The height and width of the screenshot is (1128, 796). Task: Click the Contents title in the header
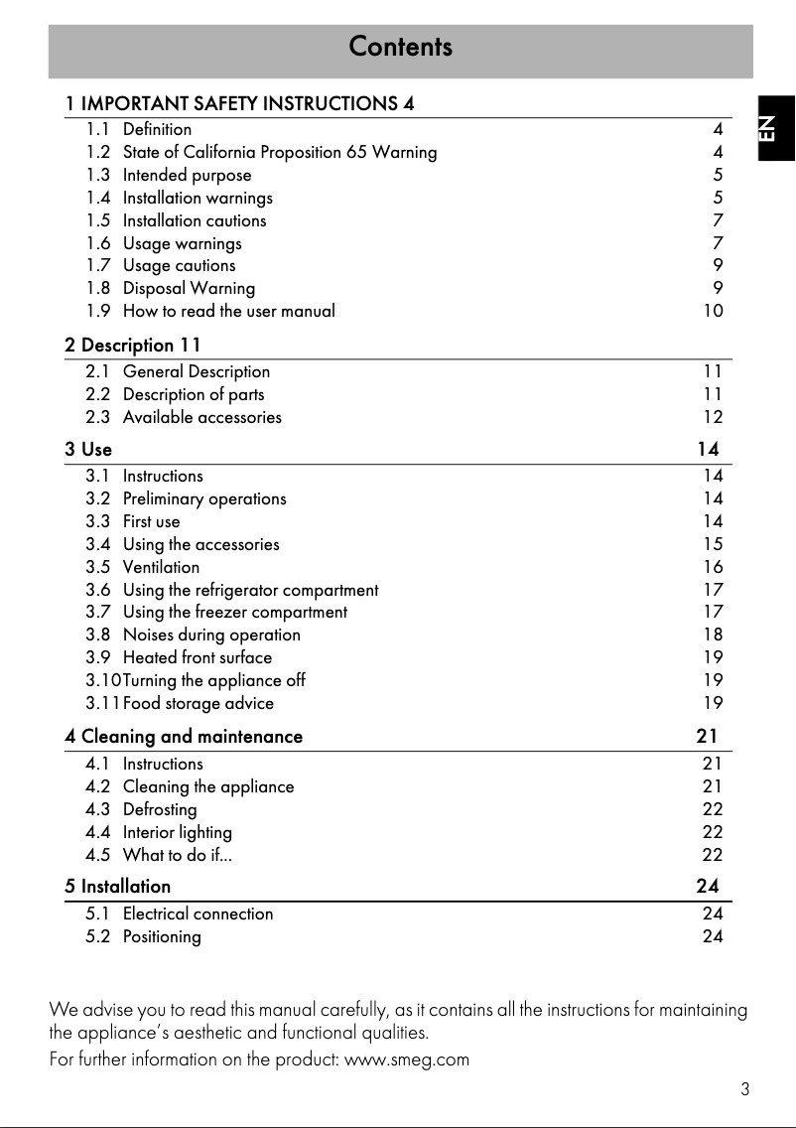coord(400,47)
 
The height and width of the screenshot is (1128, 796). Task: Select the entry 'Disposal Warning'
coord(189,289)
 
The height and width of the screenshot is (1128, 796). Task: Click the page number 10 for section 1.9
coord(713,312)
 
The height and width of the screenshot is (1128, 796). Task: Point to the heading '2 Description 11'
coord(133,346)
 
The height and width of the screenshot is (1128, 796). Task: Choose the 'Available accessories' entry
coord(201,418)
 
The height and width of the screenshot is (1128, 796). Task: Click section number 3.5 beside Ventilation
coord(97,568)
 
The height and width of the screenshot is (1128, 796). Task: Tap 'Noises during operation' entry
coord(211,635)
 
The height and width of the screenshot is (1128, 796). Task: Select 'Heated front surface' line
coord(197,658)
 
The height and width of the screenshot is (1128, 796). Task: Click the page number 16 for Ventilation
coord(713,568)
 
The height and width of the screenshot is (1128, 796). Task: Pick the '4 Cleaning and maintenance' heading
coord(184,737)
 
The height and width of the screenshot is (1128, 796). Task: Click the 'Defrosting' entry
coord(160,810)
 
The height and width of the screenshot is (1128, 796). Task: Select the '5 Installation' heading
coord(118,886)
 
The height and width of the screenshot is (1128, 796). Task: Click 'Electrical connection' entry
coord(198,915)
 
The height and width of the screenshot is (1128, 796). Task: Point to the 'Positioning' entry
coord(162,937)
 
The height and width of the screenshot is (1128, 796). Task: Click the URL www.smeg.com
coord(406,1059)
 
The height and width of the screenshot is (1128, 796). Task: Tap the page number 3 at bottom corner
coord(744,1089)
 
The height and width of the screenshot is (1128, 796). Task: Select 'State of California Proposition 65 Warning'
coord(279,153)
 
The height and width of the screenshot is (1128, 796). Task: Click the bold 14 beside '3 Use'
coord(708,450)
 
